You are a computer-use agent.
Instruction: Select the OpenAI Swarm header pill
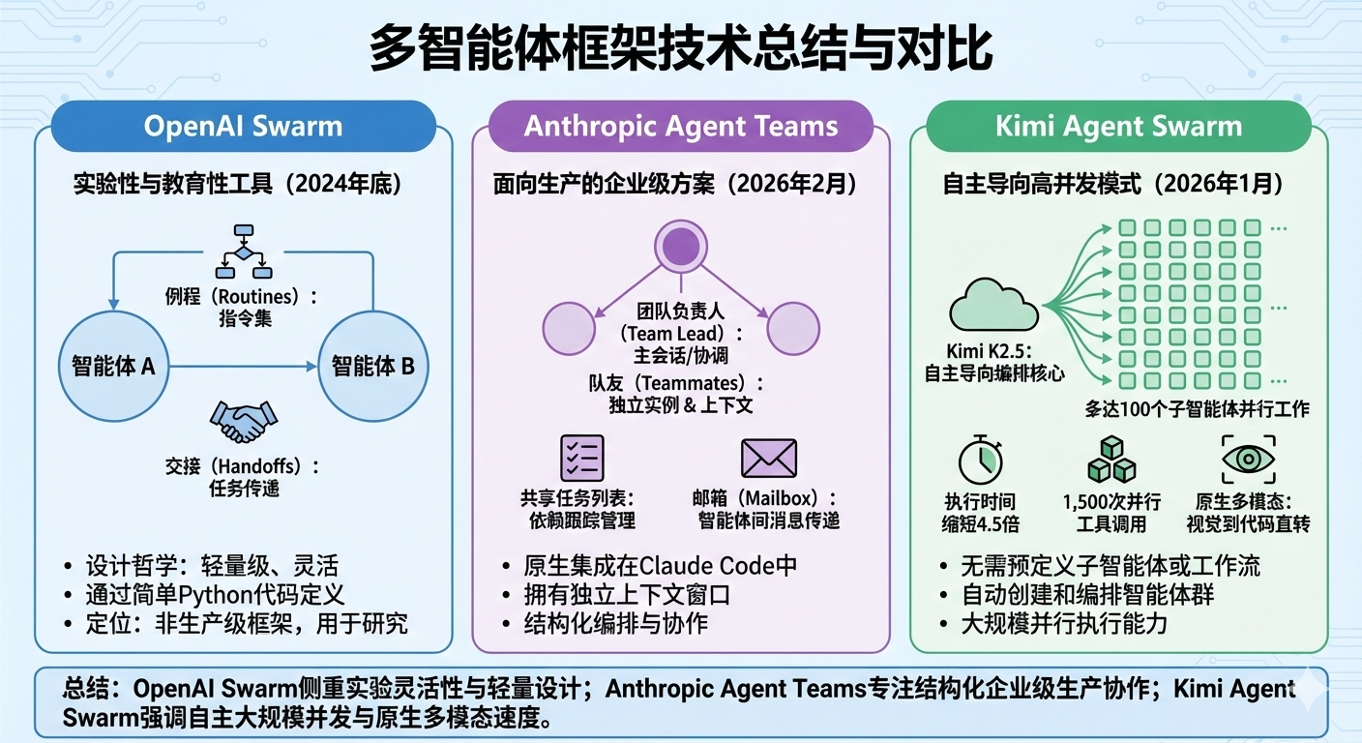243,127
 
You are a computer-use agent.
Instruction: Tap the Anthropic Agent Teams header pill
681,127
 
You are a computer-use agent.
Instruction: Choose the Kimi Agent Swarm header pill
1117,127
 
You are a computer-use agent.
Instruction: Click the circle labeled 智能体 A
114,367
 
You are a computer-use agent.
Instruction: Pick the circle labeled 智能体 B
373,367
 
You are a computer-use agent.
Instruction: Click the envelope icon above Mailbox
768,459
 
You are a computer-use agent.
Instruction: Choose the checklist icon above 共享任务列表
582,459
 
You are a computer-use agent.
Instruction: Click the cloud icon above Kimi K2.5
993,305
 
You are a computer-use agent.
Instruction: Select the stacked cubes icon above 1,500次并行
1110,460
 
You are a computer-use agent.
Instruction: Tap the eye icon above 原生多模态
1249,460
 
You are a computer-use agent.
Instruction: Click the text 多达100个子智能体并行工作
1197,408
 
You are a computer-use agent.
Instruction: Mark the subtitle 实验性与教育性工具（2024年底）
237,184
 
